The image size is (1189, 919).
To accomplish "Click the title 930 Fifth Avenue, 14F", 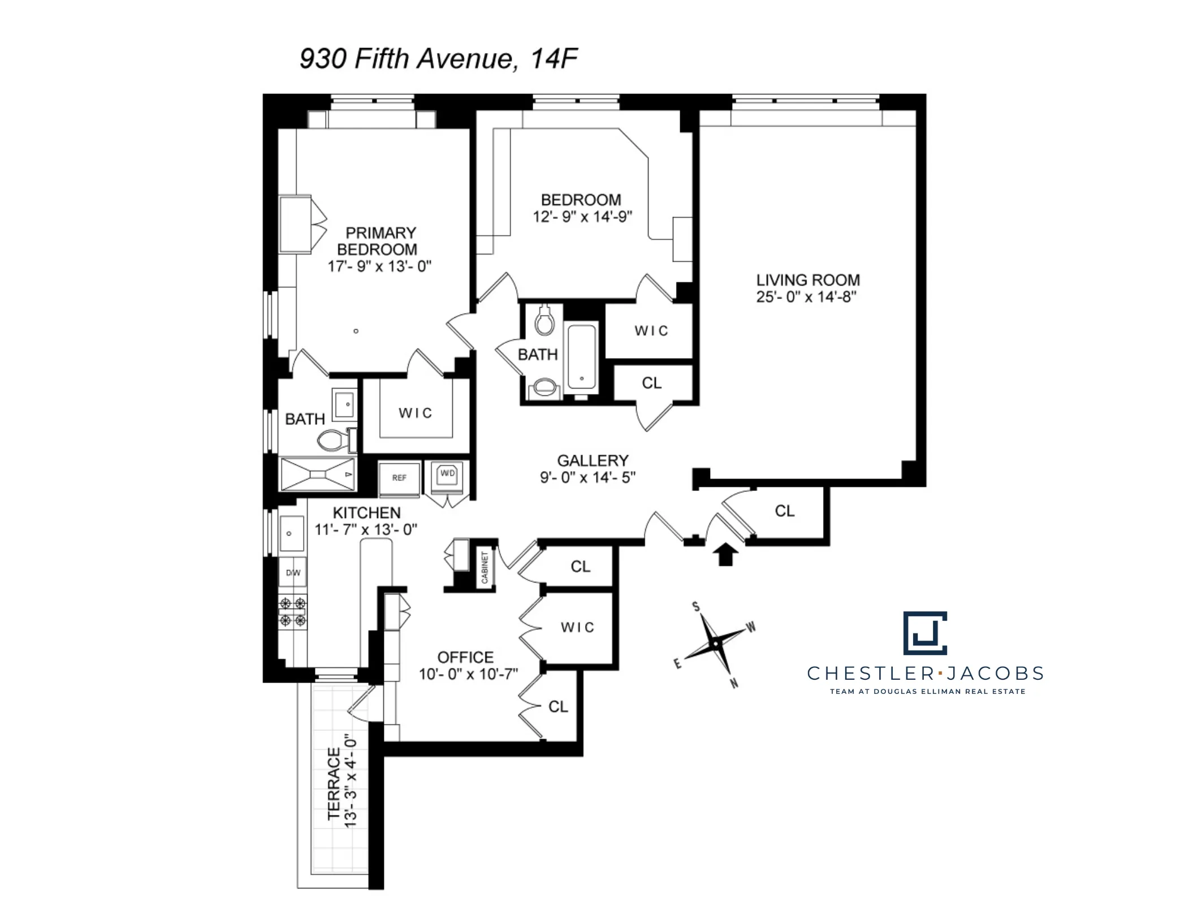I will tap(438, 58).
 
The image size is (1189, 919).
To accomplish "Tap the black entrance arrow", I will tap(725, 554).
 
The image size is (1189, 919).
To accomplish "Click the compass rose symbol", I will tap(715, 644).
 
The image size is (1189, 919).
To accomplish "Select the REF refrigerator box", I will tap(399, 478).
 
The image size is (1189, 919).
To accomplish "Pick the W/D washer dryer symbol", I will tap(447, 474).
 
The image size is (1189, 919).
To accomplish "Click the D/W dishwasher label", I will tap(293, 573).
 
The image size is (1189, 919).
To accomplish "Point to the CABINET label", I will tap(485, 567).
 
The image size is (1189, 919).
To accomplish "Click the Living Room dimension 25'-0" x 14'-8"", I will tap(806, 297).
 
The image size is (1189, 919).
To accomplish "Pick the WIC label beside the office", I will tap(577, 627).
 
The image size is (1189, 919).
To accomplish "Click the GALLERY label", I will tap(593, 461).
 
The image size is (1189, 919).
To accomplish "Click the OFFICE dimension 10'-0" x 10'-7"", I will tap(468, 674).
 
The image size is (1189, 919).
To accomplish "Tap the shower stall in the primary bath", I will tap(318, 474).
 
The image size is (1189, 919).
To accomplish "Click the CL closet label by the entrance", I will tap(784, 511).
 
